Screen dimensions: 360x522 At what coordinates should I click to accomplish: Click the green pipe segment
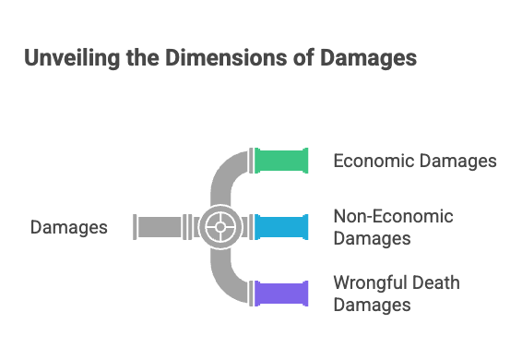pyautogui.click(x=282, y=161)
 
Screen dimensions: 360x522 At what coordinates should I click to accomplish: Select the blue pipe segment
pyautogui.click(x=282, y=226)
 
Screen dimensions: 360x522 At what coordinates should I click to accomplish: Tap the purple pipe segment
pyautogui.click(x=282, y=293)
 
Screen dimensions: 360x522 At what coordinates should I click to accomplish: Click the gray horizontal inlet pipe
pyautogui.click(x=161, y=226)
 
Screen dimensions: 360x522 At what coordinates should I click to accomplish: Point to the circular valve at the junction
pyautogui.click(x=220, y=226)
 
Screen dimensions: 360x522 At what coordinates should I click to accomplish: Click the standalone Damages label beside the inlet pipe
pyautogui.click(x=68, y=227)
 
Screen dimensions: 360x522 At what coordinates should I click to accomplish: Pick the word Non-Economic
pyautogui.click(x=394, y=218)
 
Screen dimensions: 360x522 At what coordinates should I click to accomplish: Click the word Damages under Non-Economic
pyautogui.click(x=372, y=238)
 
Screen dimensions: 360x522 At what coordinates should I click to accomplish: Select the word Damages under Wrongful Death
pyautogui.click(x=372, y=304)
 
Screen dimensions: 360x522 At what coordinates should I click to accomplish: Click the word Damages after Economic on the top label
pyautogui.click(x=458, y=162)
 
